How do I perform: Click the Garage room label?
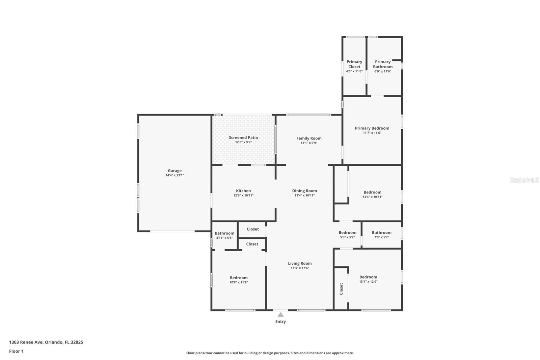coord(174,171)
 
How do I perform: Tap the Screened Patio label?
coord(243,137)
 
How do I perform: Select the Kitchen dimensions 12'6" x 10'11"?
coord(243,196)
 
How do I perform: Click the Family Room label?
coord(309,138)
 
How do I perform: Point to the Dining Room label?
coord(304,191)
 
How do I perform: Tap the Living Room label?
coord(300,263)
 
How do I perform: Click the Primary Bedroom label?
coord(372,128)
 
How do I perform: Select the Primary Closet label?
coord(354,64)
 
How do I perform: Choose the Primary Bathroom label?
coord(383,64)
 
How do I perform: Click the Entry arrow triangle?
coord(280,315)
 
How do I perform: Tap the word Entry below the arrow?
coord(280,322)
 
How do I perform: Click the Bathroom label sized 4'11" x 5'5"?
coord(224,233)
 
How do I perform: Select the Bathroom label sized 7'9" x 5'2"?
coord(382,233)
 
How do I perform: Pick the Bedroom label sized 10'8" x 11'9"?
coord(239,278)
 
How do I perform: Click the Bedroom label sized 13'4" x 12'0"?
coord(368,277)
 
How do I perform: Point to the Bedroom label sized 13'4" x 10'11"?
coord(372,192)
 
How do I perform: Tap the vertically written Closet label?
coord(341,289)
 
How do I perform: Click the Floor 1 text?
coord(16,351)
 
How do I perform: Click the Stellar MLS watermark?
coord(524,180)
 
